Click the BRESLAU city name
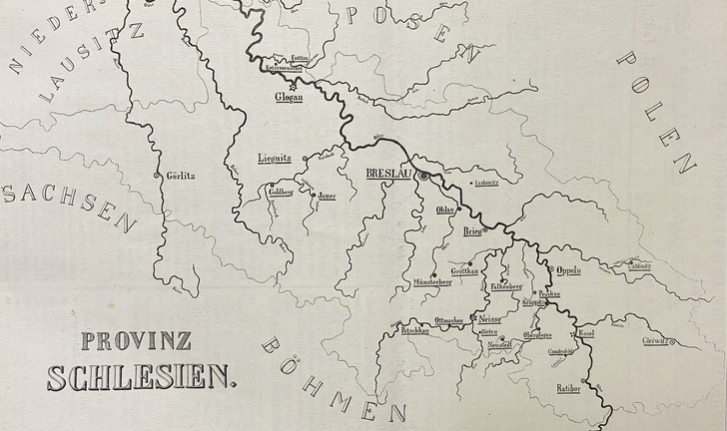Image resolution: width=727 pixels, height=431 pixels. pos(389,175)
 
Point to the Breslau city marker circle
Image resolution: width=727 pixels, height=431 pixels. pos(422,176)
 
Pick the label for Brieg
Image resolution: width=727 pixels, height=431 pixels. pos(472,232)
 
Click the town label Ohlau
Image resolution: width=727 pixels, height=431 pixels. pos(445,212)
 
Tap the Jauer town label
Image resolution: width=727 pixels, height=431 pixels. pos(328,196)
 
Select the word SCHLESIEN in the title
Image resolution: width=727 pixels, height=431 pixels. pos(140,377)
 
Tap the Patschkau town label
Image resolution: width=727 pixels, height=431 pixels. pos(413,329)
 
